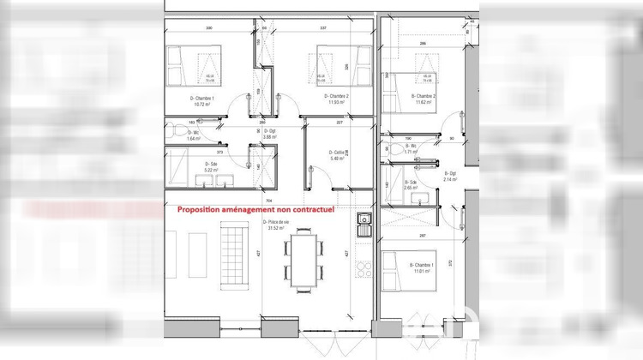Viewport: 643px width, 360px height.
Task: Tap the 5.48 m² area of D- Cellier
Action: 337,158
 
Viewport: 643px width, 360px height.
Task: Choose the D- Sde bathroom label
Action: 210,164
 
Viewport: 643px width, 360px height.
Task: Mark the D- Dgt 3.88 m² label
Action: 267,134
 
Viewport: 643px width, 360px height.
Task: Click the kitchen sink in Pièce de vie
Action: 364,226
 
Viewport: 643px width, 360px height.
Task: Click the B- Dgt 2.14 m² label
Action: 451,177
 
